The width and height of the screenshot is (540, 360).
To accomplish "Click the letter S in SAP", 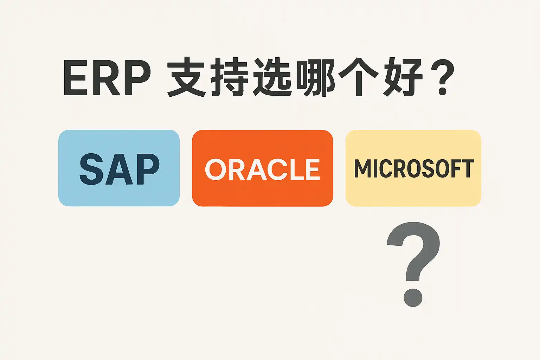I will coord(92,169).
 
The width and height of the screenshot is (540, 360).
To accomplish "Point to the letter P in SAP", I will coord(147,169).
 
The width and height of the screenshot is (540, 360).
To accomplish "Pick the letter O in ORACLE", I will coord(216,169).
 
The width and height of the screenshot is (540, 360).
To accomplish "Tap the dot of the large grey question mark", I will coord(413,297).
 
